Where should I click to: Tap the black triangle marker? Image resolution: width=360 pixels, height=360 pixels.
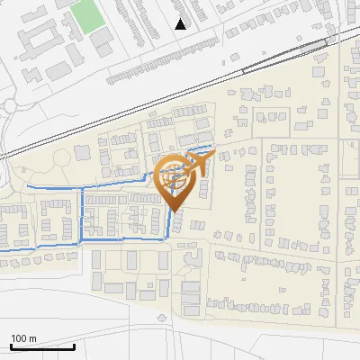tap(181, 24)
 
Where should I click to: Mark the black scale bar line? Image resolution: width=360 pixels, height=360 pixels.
tap(42, 346)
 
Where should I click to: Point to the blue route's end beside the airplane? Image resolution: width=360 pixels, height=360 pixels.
tap(212, 146)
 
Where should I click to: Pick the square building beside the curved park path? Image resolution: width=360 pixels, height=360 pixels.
tap(82, 154)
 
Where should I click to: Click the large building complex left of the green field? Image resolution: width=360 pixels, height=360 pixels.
tap(36, 36)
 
